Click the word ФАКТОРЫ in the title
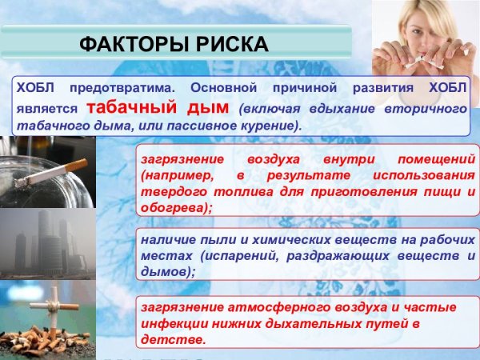coord(129,42)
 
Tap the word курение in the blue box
coord(270,126)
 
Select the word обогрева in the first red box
coord(170,208)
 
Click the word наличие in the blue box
coord(166,239)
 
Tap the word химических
coord(271,239)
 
